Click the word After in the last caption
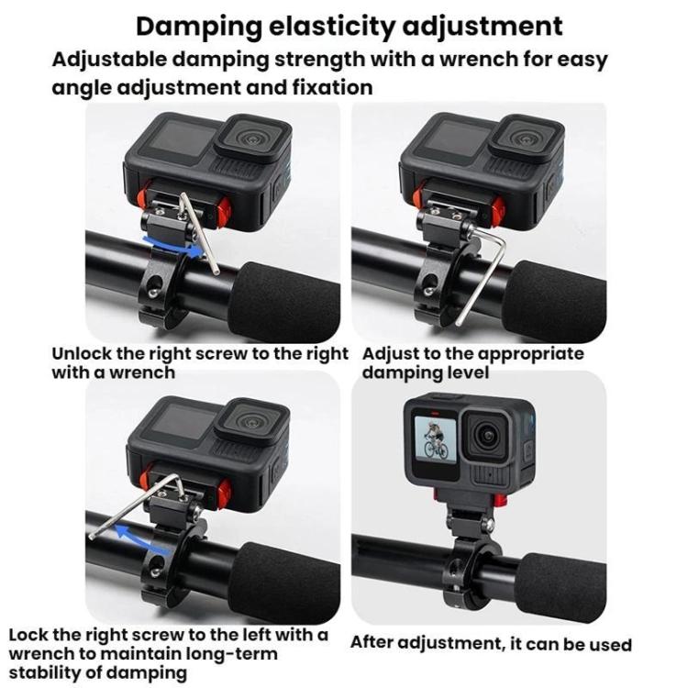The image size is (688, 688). click(377, 643)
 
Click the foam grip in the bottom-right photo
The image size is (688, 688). click(560, 578)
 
